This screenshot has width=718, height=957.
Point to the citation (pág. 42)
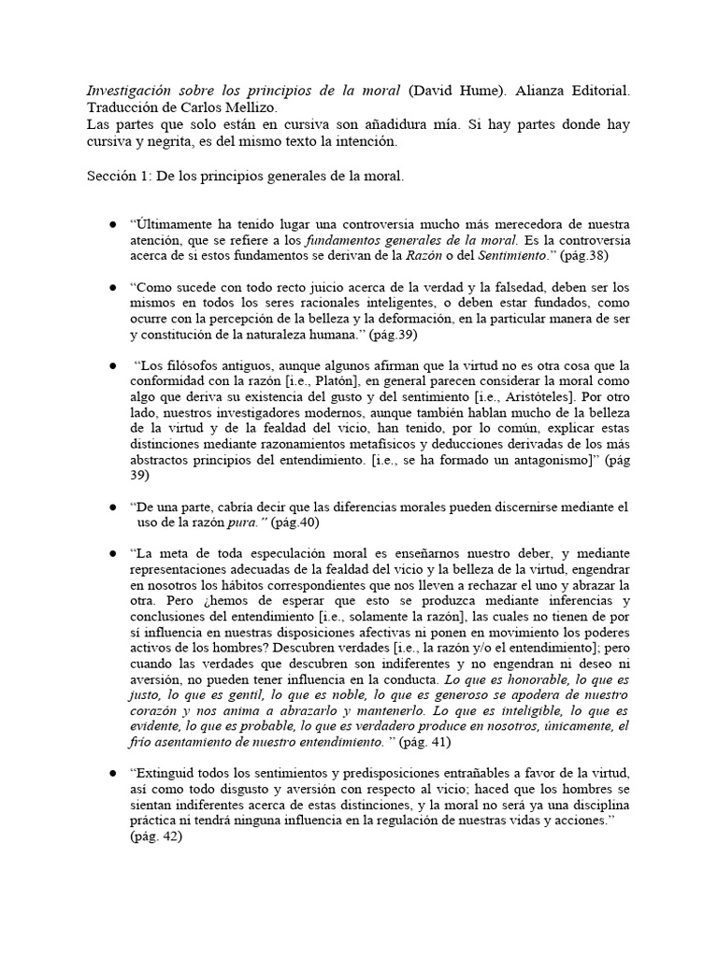click(157, 836)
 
